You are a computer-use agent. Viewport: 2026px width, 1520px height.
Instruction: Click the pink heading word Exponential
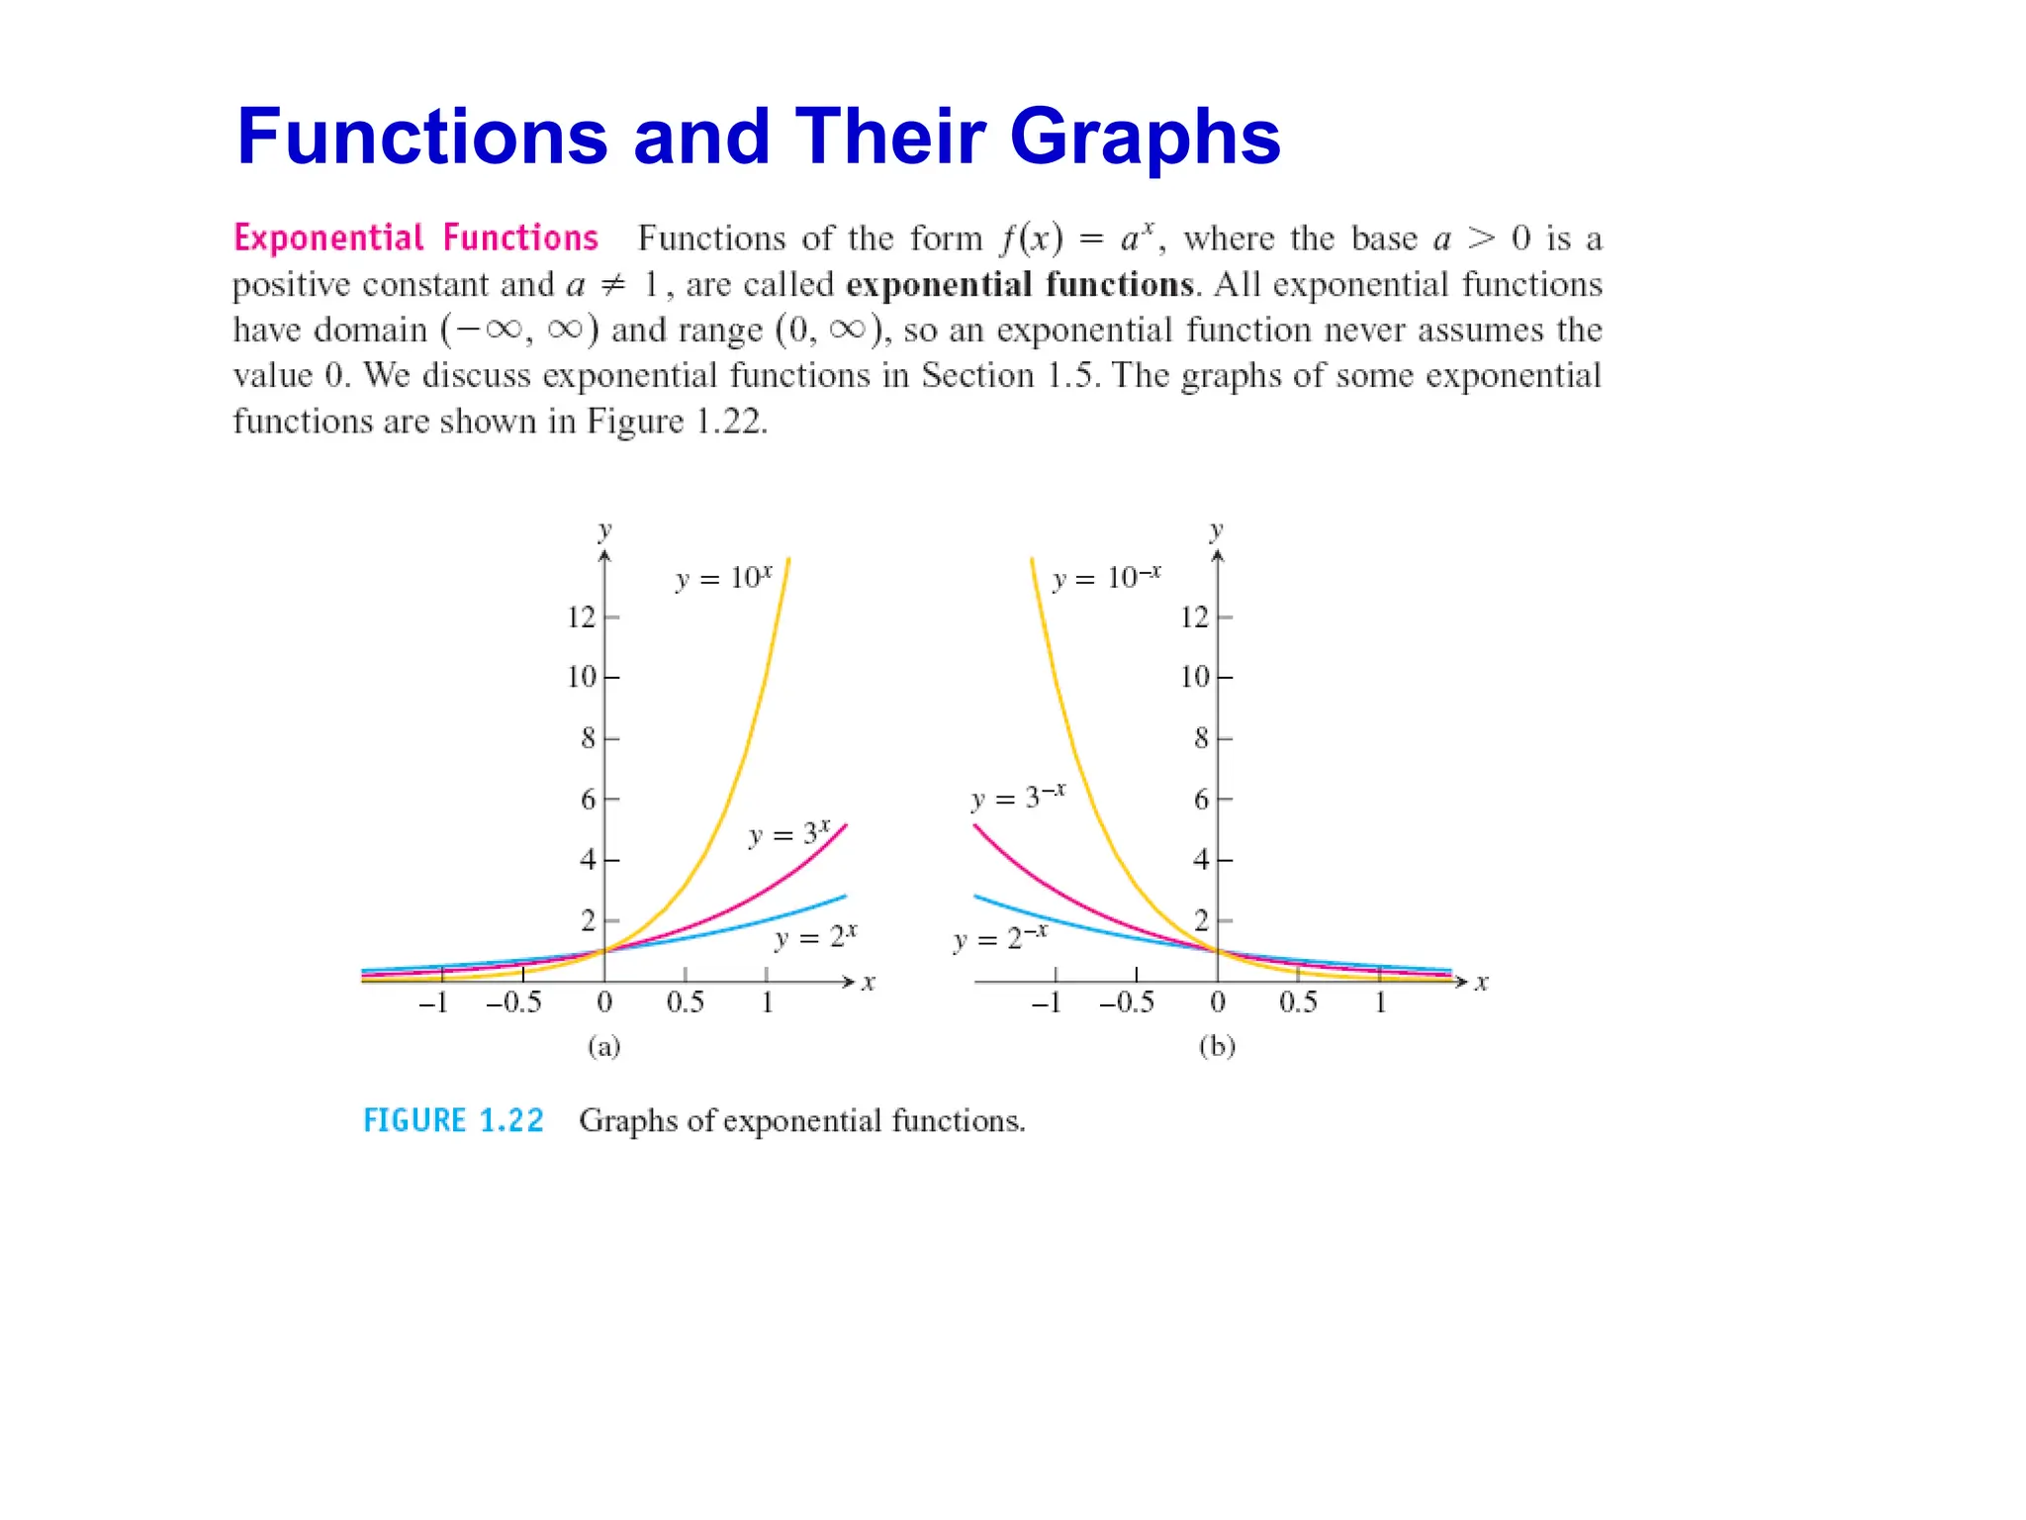click(328, 238)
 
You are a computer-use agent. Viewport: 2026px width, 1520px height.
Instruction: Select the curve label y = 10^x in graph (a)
click(723, 578)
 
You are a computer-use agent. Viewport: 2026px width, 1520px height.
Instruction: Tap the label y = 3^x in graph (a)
click(788, 834)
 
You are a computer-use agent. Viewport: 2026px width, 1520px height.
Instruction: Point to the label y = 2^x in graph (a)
click(815, 936)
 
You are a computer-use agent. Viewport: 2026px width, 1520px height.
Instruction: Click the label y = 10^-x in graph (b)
click(1106, 578)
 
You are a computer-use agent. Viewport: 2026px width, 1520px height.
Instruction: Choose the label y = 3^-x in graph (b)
click(1018, 797)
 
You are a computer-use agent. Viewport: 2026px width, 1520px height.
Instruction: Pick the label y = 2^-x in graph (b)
click(999, 937)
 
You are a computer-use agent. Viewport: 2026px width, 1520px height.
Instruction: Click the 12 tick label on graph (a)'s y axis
click(581, 617)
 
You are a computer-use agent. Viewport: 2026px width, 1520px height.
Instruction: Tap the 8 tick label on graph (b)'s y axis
click(1201, 738)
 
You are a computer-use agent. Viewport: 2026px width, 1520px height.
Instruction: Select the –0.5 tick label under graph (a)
click(513, 1003)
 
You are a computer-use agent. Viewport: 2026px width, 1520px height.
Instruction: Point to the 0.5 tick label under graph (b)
click(1298, 1003)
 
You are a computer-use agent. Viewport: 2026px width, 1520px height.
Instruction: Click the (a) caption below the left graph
click(603, 1046)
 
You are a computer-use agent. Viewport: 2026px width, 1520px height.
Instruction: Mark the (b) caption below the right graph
click(1217, 1046)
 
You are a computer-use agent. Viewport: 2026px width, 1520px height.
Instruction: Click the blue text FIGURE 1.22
click(453, 1120)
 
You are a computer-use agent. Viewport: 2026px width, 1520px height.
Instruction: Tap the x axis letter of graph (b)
click(1481, 983)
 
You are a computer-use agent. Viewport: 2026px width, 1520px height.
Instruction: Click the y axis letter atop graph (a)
click(604, 530)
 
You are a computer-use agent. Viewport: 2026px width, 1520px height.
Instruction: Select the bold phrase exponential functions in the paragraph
click(1020, 285)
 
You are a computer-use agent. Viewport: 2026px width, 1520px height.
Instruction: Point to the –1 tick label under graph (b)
click(1046, 1003)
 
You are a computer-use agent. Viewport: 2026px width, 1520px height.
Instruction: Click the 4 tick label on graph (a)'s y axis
click(588, 859)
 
